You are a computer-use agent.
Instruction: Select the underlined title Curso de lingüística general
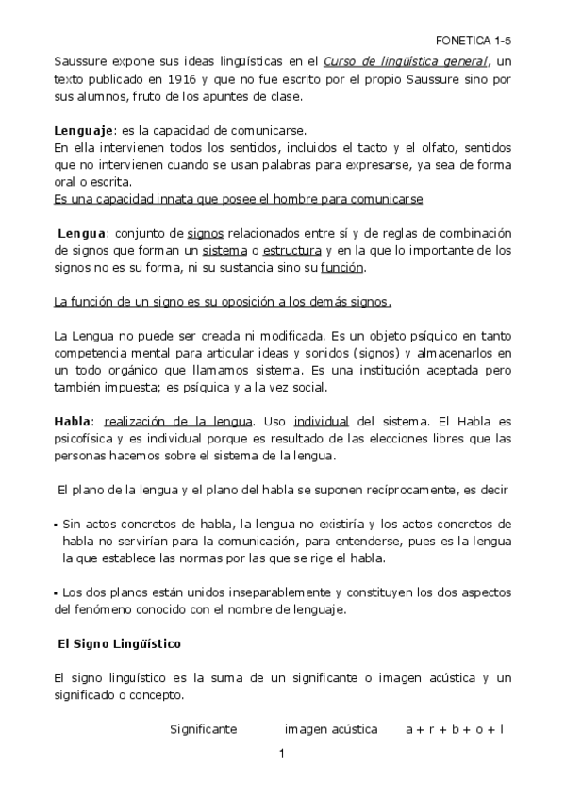click(x=405, y=62)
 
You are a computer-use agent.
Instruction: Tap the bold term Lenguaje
click(x=83, y=130)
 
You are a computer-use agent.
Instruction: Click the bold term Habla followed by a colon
click(x=74, y=421)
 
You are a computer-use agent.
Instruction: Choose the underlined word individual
click(x=322, y=421)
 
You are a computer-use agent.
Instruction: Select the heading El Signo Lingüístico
click(x=120, y=642)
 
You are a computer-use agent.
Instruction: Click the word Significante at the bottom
click(x=203, y=729)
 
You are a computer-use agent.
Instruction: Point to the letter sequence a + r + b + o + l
click(x=455, y=729)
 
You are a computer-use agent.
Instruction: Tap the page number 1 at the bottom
click(x=282, y=754)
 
